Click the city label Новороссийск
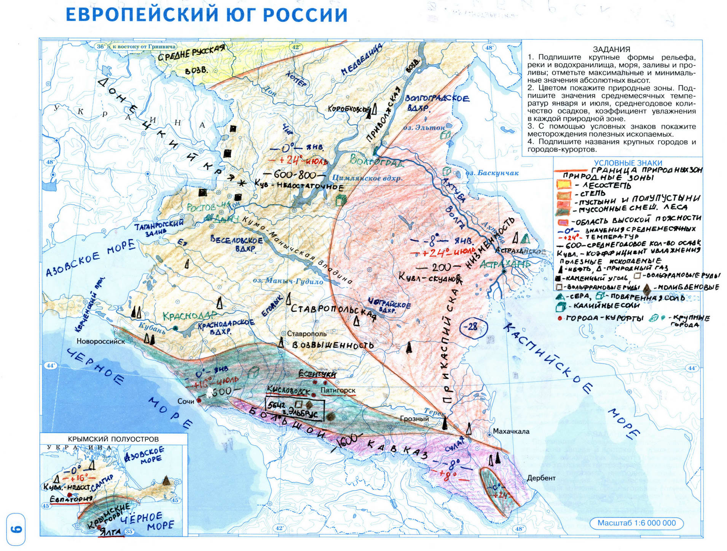(x=100, y=341)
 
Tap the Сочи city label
(x=186, y=401)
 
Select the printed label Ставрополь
(x=306, y=334)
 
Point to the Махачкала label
(x=511, y=431)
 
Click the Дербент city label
(x=541, y=478)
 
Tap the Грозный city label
(x=414, y=419)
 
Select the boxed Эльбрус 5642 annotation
(x=295, y=410)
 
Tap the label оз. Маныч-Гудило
(x=288, y=281)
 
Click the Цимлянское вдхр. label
(x=367, y=178)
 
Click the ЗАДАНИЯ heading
(x=611, y=49)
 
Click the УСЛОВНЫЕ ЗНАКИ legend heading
(x=628, y=163)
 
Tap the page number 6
(x=16, y=530)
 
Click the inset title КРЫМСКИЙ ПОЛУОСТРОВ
(x=113, y=439)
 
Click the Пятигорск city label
(x=338, y=391)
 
